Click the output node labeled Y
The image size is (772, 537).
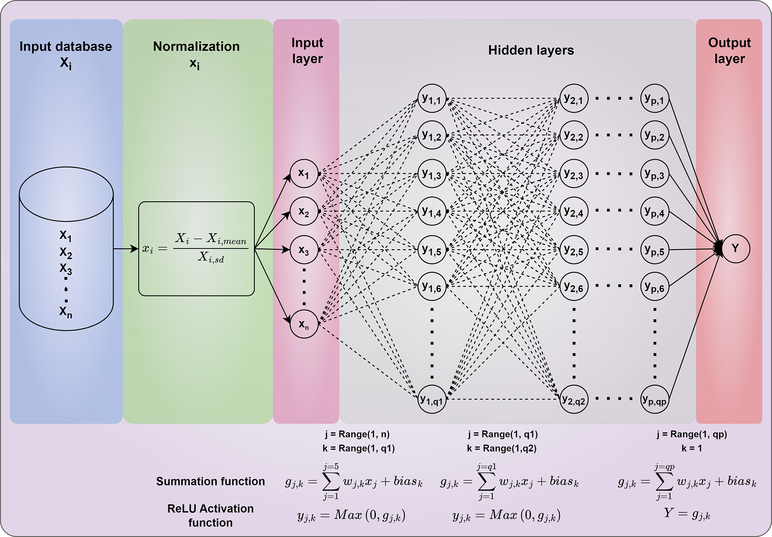(735, 249)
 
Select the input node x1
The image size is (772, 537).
(304, 174)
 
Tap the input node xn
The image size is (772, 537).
(304, 324)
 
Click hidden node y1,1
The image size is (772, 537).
(432, 99)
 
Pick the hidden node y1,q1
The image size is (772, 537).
(432, 399)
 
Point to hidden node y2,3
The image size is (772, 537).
(574, 174)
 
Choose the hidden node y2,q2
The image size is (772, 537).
(574, 399)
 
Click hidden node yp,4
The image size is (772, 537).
(655, 212)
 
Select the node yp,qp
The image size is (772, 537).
(655, 399)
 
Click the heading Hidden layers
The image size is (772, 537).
(531, 50)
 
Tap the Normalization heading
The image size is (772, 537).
(196, 47)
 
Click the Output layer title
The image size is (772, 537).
(729, 51)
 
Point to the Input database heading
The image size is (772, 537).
(66, 47)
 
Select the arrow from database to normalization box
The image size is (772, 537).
(125, 249)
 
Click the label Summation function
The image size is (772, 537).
(210, 481)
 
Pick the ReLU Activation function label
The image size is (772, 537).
(210, 516)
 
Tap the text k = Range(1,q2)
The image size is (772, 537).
(502, 448)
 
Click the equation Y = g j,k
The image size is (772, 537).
(687, 514)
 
